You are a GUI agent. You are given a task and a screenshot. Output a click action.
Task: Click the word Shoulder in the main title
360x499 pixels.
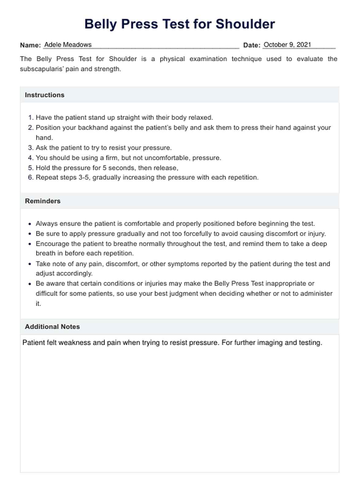(x=245, y=24)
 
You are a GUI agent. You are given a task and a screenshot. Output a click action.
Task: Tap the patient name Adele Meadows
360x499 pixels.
(x=68, y=45)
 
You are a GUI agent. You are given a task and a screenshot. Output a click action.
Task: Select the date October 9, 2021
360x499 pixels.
(x=287, y=45)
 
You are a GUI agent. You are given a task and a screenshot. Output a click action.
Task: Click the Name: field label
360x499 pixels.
(x=30, y=45)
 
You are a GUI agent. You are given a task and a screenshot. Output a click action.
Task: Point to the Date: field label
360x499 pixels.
(x=252, y=45)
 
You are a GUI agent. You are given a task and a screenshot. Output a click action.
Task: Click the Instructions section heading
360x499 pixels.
(x=45, y=95)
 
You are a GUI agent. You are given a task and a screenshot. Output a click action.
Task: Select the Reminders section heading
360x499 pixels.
(x=43, y=201)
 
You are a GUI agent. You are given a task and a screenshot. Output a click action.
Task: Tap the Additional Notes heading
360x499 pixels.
(x=52, y=327)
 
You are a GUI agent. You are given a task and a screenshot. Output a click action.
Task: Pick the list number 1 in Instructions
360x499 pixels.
(x=30, y=118)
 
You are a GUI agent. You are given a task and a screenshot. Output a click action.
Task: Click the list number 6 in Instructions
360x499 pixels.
(x=30, y=178)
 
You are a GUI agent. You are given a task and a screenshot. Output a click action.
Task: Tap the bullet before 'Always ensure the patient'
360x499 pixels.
(x=30, y=224)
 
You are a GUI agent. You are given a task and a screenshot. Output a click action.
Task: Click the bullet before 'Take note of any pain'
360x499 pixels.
(x=30, y=264)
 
